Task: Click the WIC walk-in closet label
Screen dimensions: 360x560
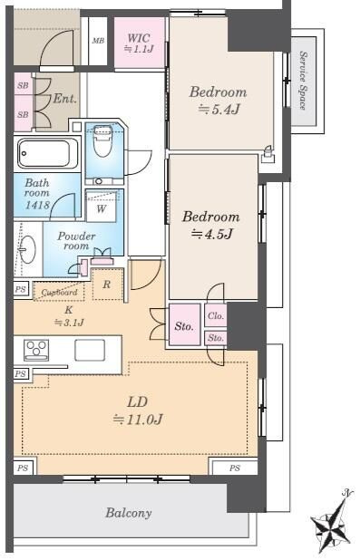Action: tap(139, 43)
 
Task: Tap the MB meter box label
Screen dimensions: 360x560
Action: tap(98, 41)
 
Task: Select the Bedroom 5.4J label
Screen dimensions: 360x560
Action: tap(218, 101)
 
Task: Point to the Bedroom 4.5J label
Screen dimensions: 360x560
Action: tap(211, 225)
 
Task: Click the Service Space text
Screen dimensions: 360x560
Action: tap(303, 81)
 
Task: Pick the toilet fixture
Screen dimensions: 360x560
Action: tap(103, 140)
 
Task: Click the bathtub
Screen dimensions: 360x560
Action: tap(46, 153)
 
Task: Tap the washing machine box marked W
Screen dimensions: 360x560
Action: tap(102, 207)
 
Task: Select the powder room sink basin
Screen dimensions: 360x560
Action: tap(27, 249)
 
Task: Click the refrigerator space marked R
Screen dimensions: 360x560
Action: tap(108, 285)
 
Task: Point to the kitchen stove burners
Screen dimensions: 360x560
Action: tap(36, 350)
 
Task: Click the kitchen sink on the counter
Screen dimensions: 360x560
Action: tap(90, 350)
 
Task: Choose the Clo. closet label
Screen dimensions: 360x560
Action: tap(216, 315)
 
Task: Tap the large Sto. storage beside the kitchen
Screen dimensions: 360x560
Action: tap(184, 325)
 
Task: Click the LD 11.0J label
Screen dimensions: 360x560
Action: tap(138, 410)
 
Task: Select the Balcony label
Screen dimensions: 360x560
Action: tap(129, 513)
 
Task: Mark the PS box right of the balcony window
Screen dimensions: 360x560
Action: tap(235, 468)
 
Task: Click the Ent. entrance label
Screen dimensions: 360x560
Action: tap(64, 98)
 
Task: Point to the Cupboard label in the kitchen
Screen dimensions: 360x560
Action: tap(59, 292)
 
